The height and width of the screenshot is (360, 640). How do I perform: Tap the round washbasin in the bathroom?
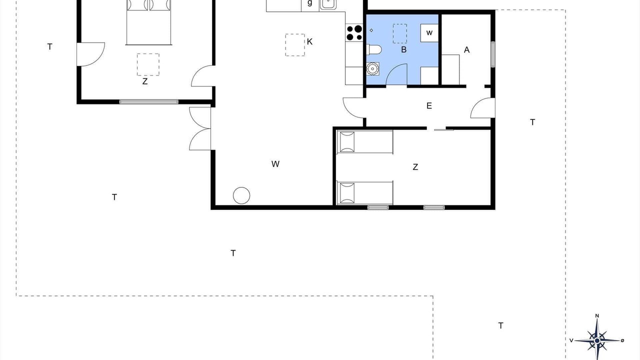372,69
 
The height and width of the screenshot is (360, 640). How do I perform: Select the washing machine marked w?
429,33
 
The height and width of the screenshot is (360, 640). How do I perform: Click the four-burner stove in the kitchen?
354,32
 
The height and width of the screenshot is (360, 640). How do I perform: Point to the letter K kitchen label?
309,41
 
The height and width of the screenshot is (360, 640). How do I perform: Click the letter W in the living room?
275,164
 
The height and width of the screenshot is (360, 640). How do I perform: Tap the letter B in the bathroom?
403,49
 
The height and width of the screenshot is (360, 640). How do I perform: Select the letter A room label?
466,50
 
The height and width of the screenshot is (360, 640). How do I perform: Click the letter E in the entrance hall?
429,106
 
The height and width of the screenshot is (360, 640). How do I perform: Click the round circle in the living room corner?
241,195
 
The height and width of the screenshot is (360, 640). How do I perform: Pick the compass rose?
597,340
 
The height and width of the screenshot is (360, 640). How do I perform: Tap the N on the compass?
597,315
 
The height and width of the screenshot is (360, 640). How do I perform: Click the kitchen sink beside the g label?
328,4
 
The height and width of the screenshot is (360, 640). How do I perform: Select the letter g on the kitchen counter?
309,3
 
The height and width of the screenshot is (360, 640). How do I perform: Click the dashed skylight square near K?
295,45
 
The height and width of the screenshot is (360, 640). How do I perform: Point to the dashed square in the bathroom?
399,33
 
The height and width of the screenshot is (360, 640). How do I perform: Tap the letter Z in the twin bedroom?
415,167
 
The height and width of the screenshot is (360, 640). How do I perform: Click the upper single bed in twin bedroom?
365,142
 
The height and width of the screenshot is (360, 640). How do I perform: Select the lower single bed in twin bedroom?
365,193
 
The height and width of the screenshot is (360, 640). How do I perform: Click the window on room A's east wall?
493,54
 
